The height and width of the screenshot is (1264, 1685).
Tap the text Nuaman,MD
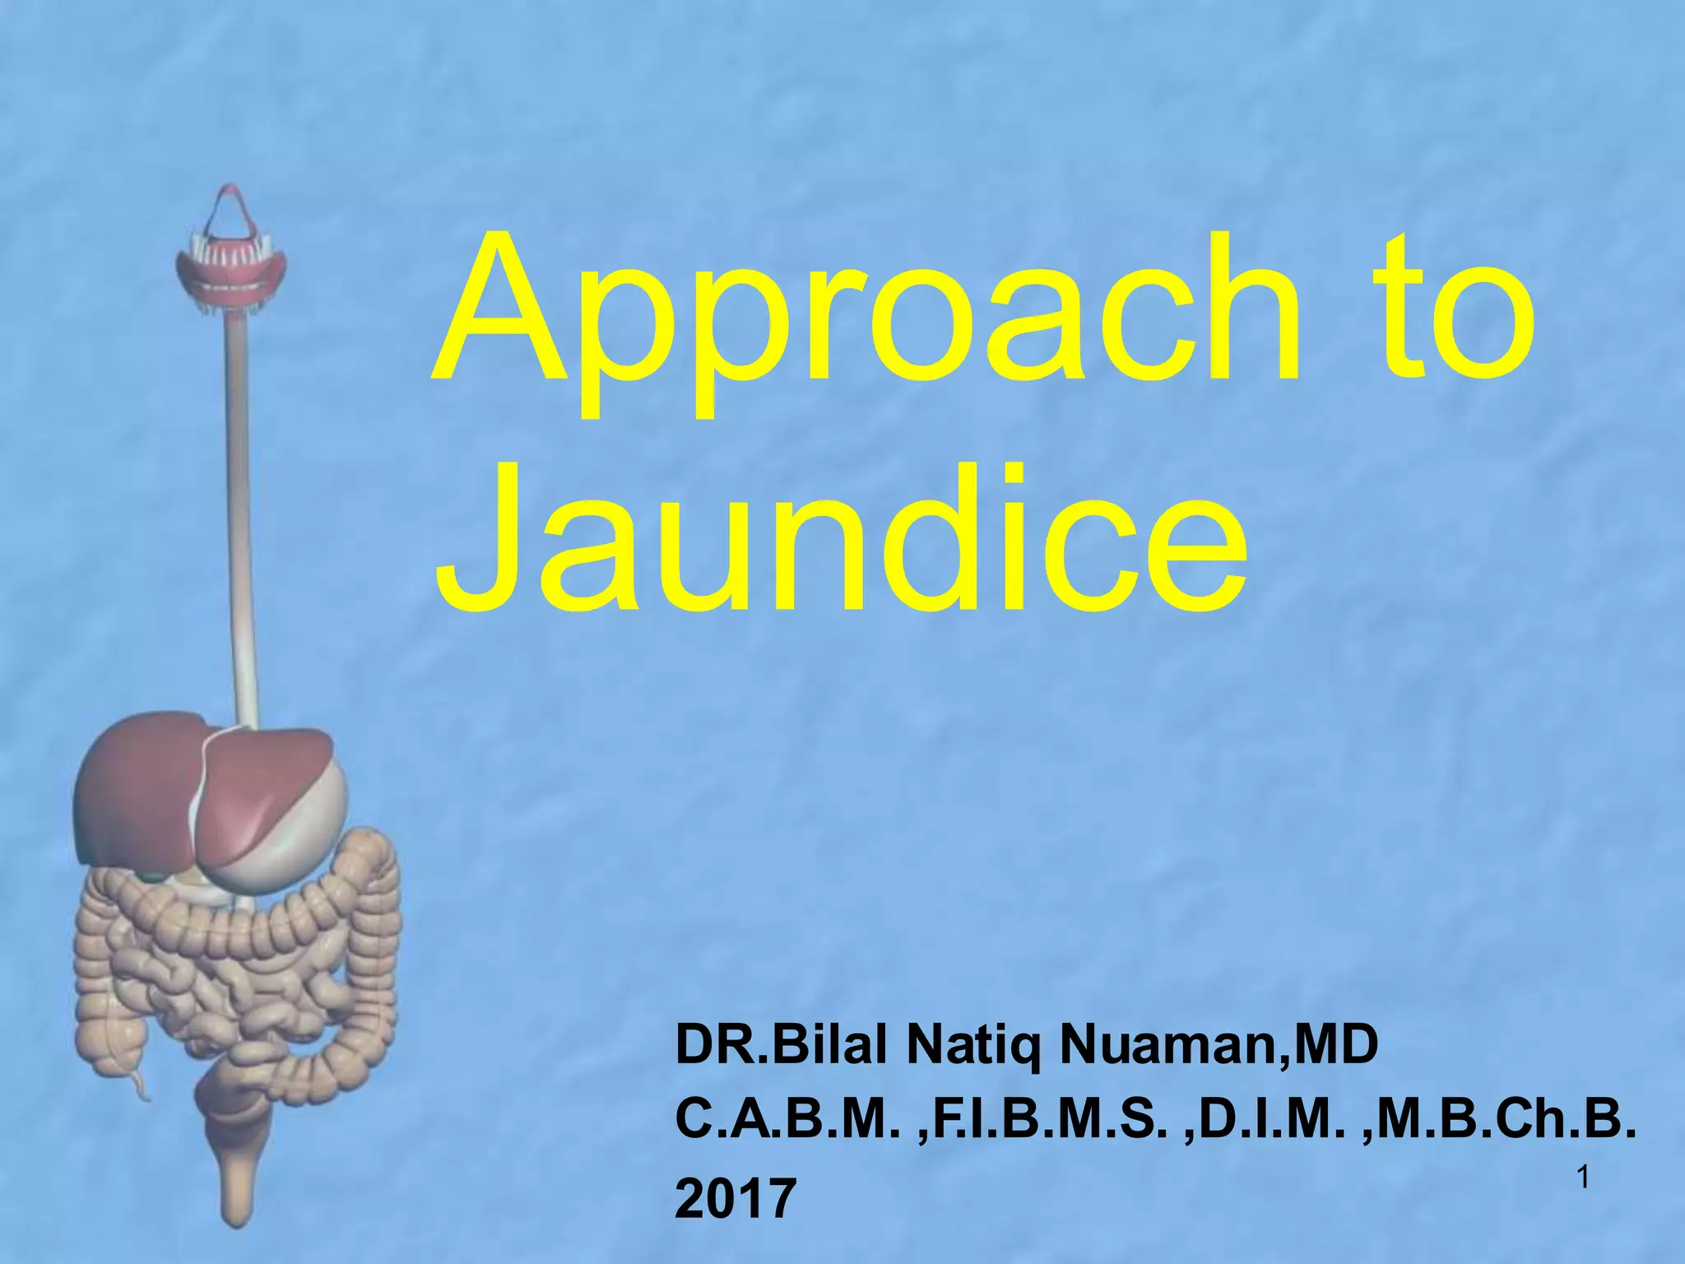1218,1047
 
